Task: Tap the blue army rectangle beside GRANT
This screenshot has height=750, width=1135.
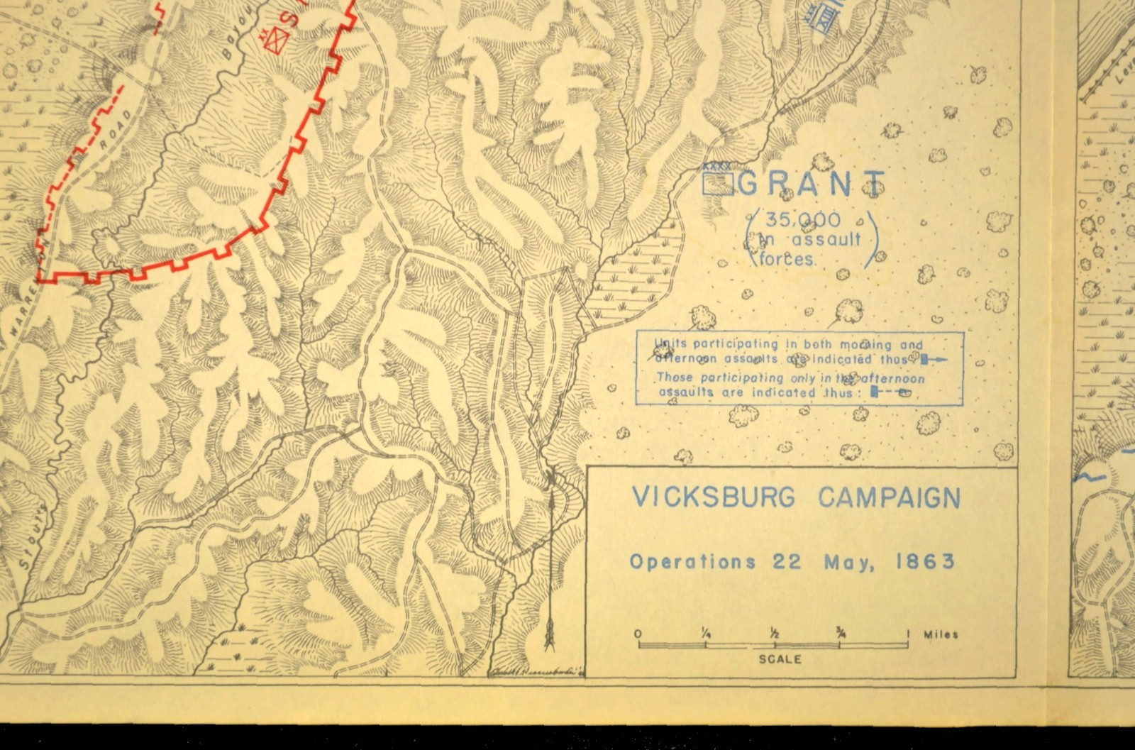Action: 717,184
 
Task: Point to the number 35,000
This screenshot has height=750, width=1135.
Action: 792,220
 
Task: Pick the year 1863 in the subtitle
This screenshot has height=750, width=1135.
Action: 924,562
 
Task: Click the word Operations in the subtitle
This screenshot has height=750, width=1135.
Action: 692,562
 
